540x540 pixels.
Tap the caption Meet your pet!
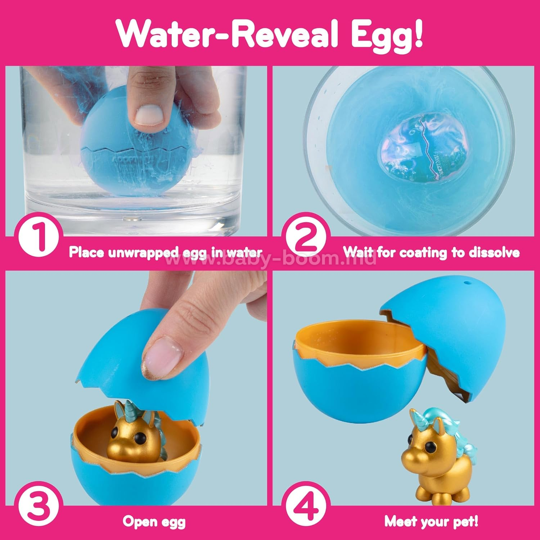click(431, 522)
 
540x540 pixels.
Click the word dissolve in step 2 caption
click(494, 252)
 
